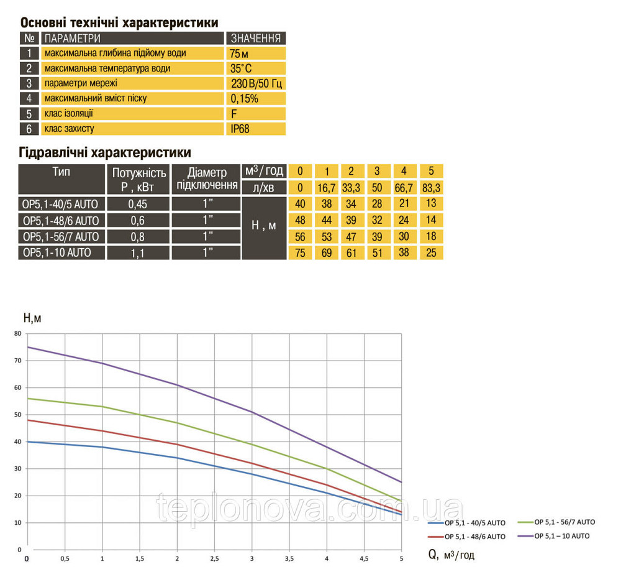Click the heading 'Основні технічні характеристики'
119,23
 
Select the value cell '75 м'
255,53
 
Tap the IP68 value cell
255,129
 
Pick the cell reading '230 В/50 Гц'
255,83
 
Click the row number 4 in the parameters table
29,98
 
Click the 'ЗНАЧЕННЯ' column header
255,39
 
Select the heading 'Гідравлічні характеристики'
105,153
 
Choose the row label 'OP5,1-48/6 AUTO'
61,220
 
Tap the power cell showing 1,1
138,252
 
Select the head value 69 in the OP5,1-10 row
326,252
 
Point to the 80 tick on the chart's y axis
17,334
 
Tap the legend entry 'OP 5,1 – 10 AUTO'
561,535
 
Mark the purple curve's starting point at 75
27,347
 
